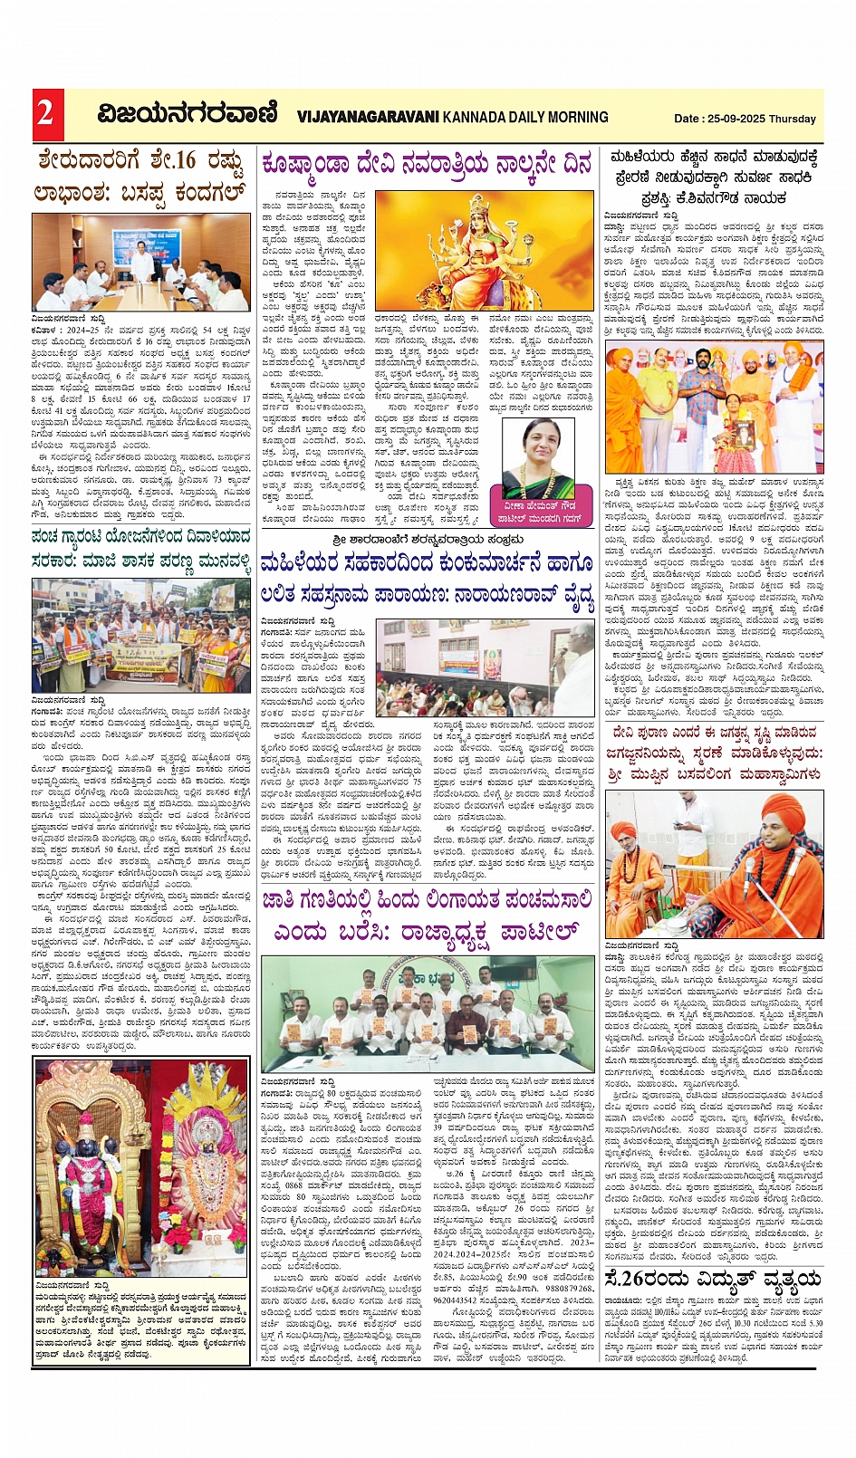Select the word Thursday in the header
[793, 119]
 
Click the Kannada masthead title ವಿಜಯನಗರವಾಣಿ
[188, 115]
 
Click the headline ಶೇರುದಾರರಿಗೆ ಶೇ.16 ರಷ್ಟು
[141, 161]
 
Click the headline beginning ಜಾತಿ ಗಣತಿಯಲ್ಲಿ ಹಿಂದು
[426, 901]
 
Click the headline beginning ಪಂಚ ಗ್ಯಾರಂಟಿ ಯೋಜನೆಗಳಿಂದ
[141, 537]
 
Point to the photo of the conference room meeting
[141, 263]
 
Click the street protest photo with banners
[141, 635]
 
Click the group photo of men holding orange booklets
[428, 1013]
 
